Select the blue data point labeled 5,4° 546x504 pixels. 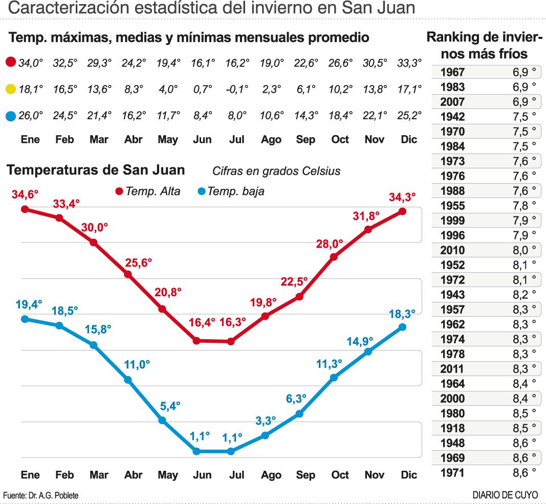click(x=162, y=420)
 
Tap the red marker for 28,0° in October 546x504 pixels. click(x=334, y=257)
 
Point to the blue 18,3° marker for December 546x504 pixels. click(x=402, y=327)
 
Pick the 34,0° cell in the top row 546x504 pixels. click(x=30, y=63)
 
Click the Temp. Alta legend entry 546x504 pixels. click(x=148, y=192)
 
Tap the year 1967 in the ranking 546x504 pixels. click(x=452, y=72)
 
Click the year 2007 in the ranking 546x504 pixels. click(x=452, y=102)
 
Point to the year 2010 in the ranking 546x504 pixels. click(x=452, y=250)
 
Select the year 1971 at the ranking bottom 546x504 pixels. click(x=452, y=473)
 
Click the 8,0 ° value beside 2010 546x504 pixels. click(x=524, y=250)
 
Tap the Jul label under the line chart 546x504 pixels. click(x=236, y=475)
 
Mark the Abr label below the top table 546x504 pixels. click(x=133, y=139)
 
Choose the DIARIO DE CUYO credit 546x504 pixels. click(x=505, y=495)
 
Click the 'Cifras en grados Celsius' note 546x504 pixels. click(x=276, y=171)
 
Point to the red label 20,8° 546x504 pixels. click(x=168, y=292)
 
